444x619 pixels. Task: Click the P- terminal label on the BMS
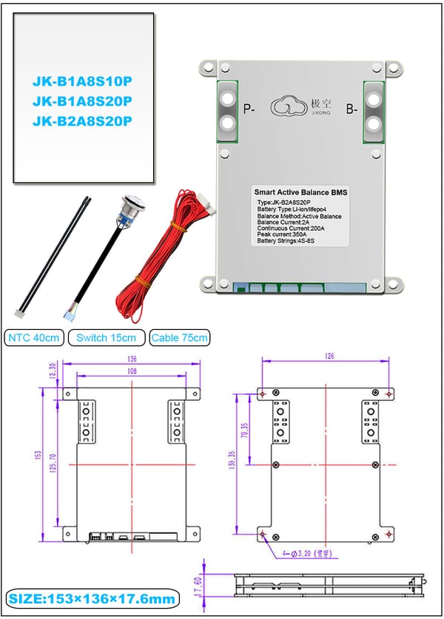coord(249,109)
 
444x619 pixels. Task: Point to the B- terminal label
coord(351,109)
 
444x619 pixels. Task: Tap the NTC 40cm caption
coord(34,338)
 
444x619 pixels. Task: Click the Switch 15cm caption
coord(107,338)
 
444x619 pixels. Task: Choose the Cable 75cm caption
coord(179,338)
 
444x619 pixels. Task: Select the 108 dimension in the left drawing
coord(132,372)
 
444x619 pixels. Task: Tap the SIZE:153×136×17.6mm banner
coord(93,598)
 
